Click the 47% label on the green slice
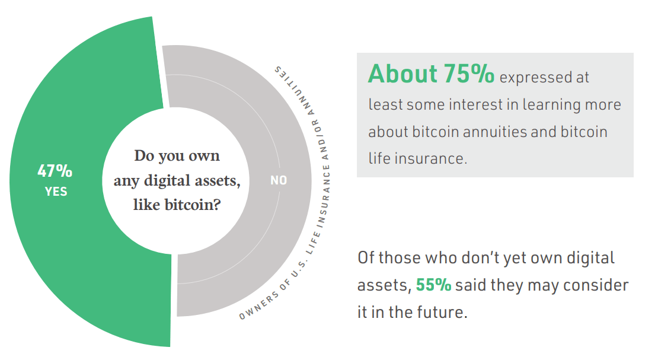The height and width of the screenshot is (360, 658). coord(55,171)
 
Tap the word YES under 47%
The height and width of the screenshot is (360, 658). coord(56,192)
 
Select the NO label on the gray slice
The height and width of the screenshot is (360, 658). coord(279,180)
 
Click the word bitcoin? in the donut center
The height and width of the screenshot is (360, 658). coord(193,205)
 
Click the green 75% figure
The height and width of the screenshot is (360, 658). coord(469,74)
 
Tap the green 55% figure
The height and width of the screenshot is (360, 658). coord(433,285)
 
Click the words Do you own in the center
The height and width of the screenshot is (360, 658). coord(177,156)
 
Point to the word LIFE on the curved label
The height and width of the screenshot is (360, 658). coord(313,243)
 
